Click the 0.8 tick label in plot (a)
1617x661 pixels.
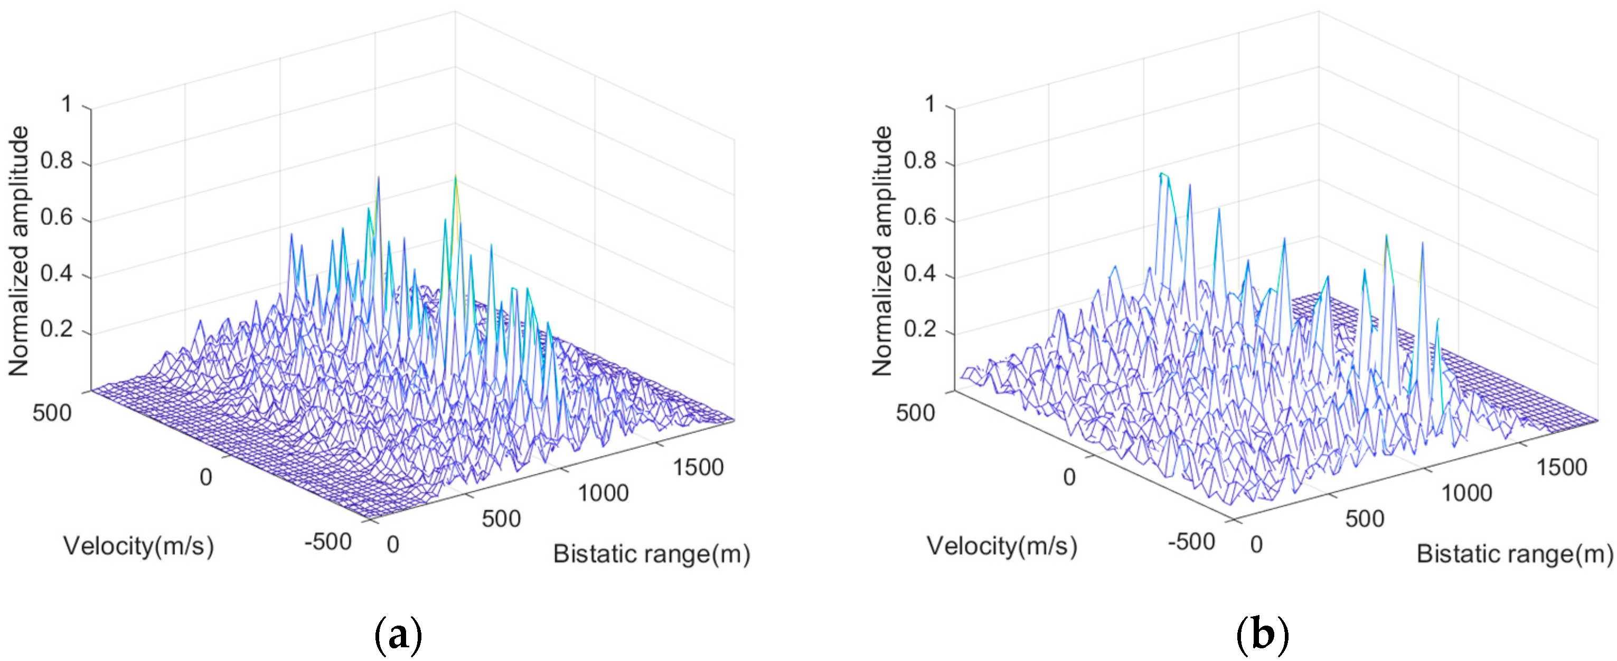[57, 161]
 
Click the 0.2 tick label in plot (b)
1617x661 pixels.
[920, 329]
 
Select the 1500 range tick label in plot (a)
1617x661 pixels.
[698, 468]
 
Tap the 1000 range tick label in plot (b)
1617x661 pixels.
[1466, 493]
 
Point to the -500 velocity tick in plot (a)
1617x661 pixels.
[327, 541]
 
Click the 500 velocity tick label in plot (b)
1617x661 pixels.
[915, 413]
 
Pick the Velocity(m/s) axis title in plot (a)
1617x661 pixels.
[139, 545]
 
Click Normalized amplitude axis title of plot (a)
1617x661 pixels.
[19, 252]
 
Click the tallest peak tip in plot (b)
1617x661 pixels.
[1162, 173]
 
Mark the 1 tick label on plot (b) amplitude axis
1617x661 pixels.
[930, 104]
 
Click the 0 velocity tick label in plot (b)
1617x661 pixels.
[1069, 478]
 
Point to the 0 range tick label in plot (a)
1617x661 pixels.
[393, 544]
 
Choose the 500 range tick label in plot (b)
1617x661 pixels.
[1365, 519]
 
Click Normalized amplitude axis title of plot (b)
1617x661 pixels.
[882, 252]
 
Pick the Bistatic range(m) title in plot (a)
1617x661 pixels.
[651, 554]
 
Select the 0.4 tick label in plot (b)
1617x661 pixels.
[920, 273]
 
